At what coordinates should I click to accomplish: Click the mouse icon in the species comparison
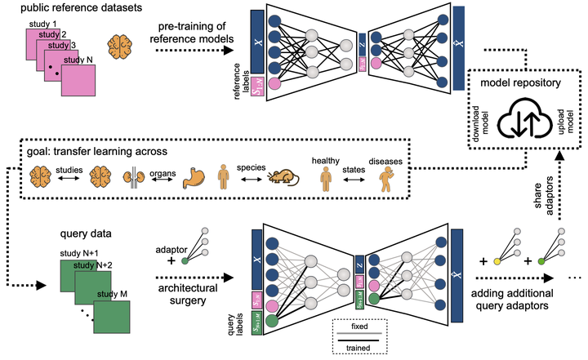[278, 177]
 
